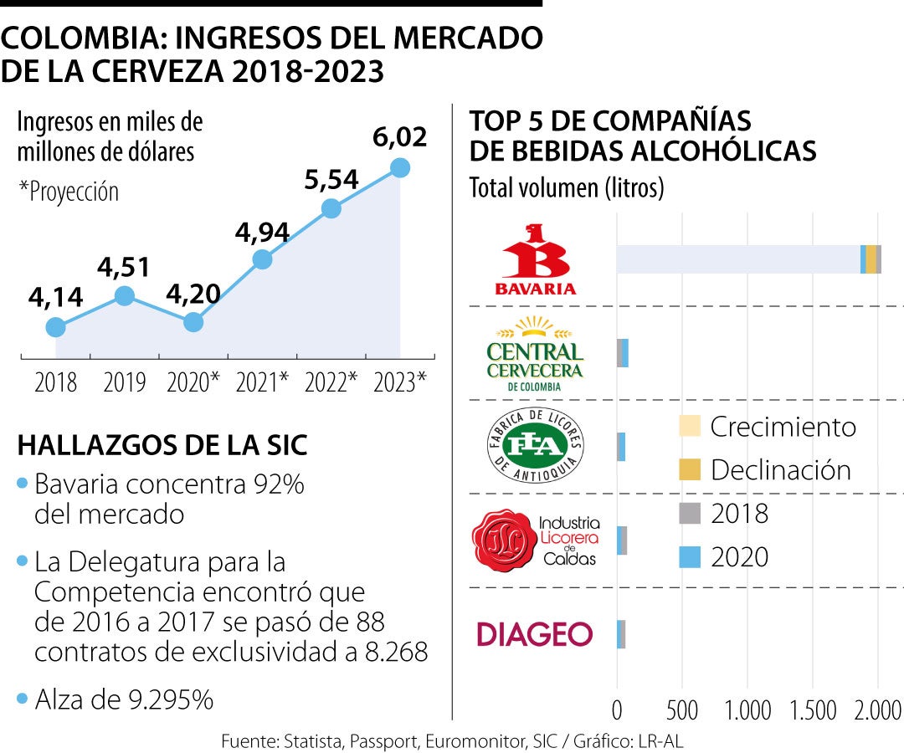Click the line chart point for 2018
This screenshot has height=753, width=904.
(55, 327)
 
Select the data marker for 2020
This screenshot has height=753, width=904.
(193, 321)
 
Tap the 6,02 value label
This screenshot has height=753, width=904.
(400, 136)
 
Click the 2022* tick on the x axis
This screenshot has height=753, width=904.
(331, 382)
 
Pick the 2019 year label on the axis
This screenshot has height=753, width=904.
(124, 382)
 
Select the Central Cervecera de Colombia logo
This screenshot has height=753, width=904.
(535, 354)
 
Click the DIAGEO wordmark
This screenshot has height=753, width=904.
(534, 633)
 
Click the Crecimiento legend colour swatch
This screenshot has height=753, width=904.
(689, 428)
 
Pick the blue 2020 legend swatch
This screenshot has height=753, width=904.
(689, 556)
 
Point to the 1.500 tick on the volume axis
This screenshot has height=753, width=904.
(812, 710)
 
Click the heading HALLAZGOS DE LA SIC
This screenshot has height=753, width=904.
(162, 446)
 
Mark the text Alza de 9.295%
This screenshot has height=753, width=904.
(124, 699)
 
